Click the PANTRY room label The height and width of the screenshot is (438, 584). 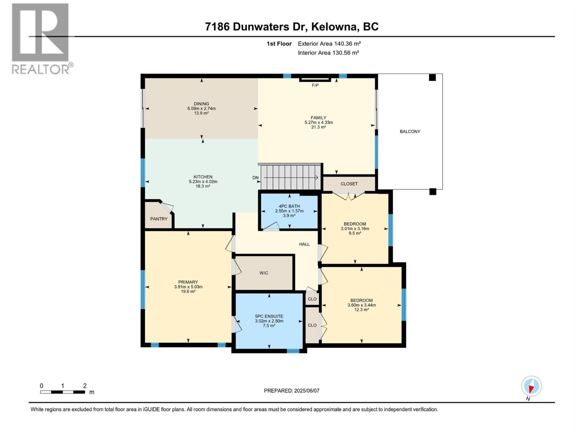point(159,219)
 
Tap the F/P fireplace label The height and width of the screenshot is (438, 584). point(315,85)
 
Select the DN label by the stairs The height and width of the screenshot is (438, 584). point(255,178)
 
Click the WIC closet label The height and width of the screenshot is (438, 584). point(264,273)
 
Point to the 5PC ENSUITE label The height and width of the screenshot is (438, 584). point(269,316)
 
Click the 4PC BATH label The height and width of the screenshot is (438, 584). point(289,206)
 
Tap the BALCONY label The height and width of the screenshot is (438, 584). point(410,131)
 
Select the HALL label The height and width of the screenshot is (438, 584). point(304,244)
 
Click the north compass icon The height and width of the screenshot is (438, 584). point(531,386)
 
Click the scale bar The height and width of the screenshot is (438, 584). point(63,392)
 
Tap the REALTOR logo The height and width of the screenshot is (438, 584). point(41,38)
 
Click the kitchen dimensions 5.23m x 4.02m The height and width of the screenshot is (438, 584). point(203,181)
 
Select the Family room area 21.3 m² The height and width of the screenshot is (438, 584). point(318,127)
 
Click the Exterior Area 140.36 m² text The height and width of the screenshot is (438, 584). point(329,44)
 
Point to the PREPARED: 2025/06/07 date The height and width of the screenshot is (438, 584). point(292,391)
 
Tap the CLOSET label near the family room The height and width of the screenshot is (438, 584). point(349,184)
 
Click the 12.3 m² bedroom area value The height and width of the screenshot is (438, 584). point(361,310)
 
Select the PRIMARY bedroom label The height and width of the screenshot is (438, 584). point(188,282)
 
